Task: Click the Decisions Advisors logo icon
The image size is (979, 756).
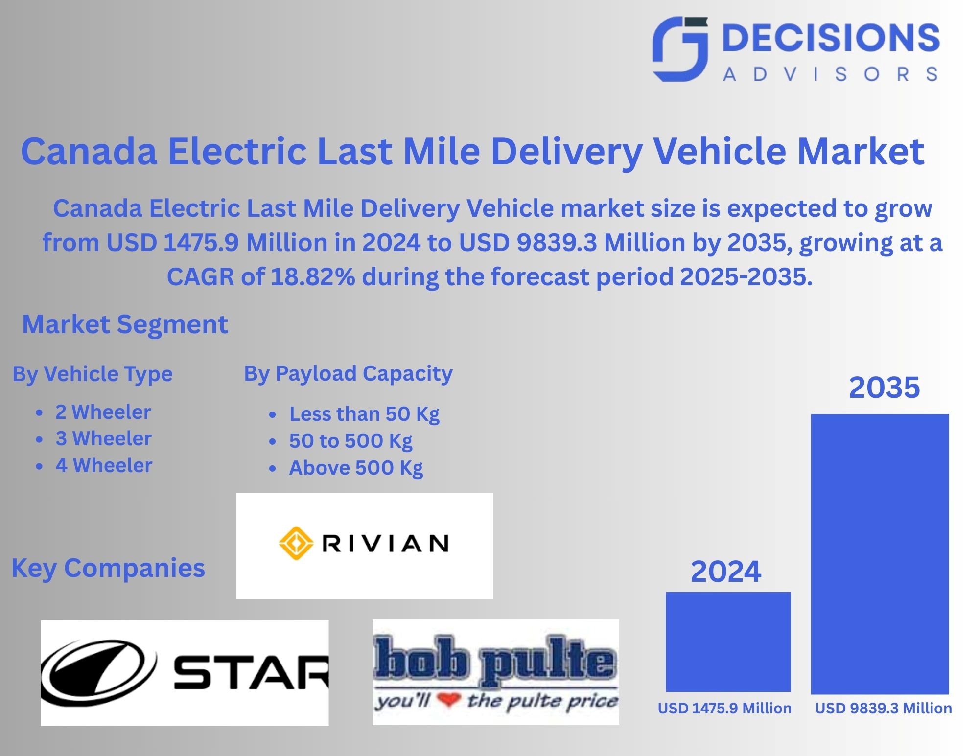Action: [x=680, y=49]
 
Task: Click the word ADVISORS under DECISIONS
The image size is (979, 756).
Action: [x=830, y=74]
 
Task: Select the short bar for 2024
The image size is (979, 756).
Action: [x=728, y=641]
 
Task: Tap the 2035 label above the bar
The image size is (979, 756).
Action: [x=884, y=388]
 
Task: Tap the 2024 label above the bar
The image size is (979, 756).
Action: [x=725, y=571]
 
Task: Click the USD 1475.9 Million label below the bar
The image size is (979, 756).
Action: [x=724, y=708]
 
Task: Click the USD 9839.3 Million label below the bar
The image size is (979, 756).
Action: [x=883, y=708]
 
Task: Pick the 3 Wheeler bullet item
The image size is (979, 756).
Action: [x=103, y=438]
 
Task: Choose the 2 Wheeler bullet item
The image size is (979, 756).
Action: [x=103, y=412]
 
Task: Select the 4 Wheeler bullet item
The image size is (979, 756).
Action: [x=104, y=465]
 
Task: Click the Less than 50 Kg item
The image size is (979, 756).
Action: [x=364, y=414]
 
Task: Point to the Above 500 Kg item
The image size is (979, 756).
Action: [x=356, y=468]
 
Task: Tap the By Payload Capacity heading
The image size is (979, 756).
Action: [x=348, y=374]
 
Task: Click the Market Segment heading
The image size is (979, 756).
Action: [x=125, y=324]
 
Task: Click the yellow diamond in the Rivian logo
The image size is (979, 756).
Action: [x=296, y=543]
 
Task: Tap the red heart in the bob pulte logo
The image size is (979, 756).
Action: [x=448, y=700]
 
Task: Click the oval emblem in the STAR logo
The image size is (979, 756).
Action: [x=98, y=671]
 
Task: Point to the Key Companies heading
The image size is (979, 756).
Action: [x=108, y=568]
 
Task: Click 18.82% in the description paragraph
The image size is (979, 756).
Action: [x=313, y=277]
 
